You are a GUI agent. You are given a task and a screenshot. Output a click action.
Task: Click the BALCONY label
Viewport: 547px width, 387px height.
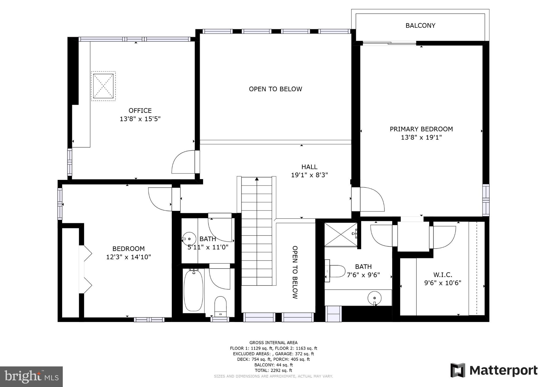point(420,26)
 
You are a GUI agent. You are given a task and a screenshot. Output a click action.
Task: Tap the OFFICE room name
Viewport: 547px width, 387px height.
point(140,111)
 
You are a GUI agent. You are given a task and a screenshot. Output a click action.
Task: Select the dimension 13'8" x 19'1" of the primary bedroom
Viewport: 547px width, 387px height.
point(421,138)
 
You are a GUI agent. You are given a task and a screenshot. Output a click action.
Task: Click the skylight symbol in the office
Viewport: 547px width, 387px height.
point(103,86)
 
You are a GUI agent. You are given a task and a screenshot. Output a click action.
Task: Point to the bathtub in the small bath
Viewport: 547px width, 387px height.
point(193,291)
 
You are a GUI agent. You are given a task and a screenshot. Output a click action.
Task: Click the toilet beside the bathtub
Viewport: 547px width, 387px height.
point(220,306)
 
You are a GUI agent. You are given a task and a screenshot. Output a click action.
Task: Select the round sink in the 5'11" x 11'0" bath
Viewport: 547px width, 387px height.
point(189,239)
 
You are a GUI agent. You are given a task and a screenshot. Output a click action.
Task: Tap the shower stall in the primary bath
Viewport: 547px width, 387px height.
point(341,234)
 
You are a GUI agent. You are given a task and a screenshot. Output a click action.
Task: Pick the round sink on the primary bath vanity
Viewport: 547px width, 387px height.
point(374,297)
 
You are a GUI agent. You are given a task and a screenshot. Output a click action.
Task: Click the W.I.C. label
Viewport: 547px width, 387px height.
point(443,275)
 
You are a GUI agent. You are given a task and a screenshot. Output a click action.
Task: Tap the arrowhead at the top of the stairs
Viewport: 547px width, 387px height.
point(257,179)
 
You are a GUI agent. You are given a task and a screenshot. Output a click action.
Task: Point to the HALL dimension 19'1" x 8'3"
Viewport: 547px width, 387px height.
point(309,175)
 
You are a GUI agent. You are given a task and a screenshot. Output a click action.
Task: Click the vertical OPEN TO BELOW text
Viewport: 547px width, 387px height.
point(295,272)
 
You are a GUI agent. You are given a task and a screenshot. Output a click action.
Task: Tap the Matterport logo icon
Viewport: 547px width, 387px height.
point(458,370)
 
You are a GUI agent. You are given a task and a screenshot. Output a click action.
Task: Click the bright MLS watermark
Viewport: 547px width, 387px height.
point(31,377)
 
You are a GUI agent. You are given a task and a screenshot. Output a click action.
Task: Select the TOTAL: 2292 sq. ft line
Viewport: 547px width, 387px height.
point(273,370)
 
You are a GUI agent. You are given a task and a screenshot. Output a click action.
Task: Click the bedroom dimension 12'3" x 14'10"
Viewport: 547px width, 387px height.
point(128,257)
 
